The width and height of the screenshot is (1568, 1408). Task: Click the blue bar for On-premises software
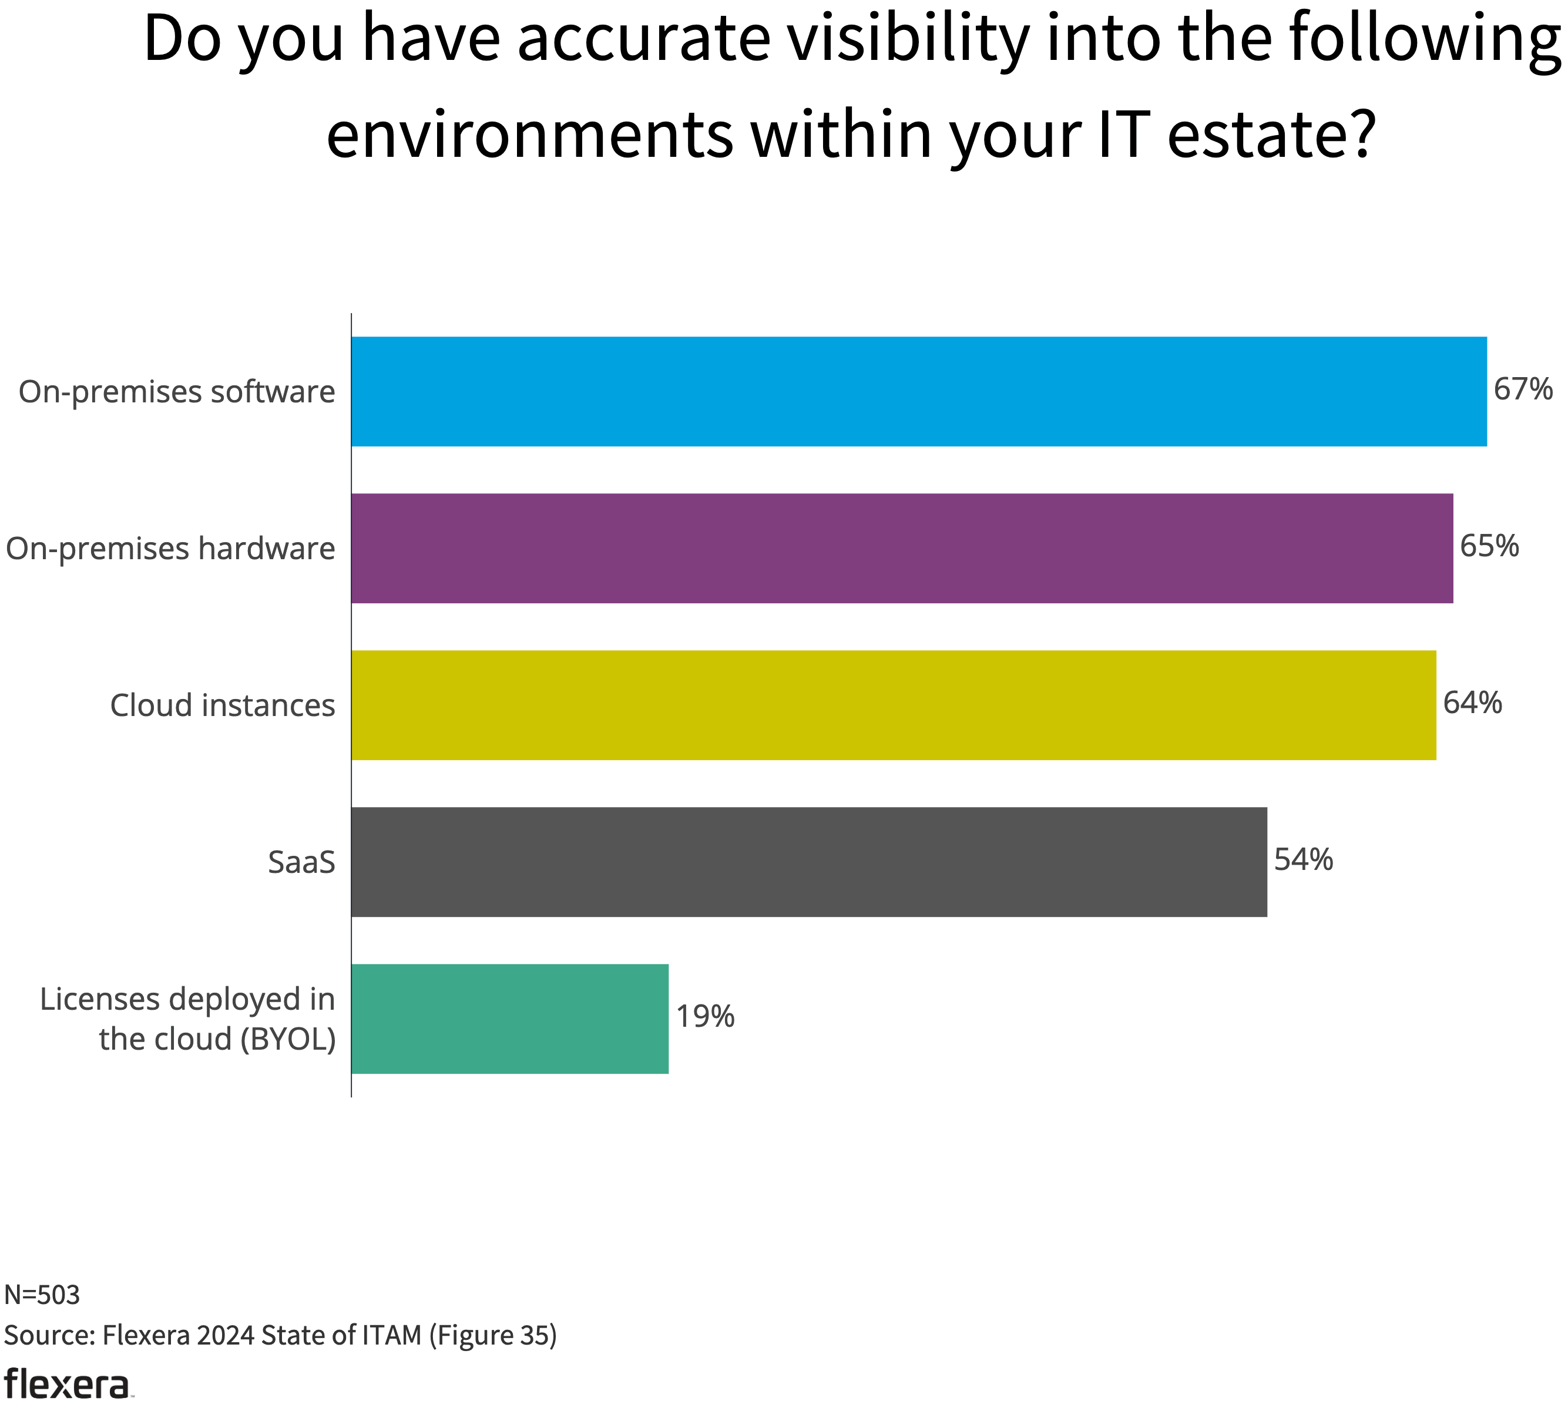[x=918, y=391]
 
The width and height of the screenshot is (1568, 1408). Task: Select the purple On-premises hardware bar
[x=901, y=549]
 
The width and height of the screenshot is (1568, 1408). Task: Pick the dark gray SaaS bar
[x=808, y=862]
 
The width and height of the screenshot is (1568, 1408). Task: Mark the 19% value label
[x=705, y=1017]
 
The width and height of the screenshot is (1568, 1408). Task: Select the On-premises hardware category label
[x=170, y=549]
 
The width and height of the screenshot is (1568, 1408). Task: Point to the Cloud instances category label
[x=222, y=705]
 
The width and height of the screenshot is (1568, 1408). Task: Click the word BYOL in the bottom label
[x=288, y=1040]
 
